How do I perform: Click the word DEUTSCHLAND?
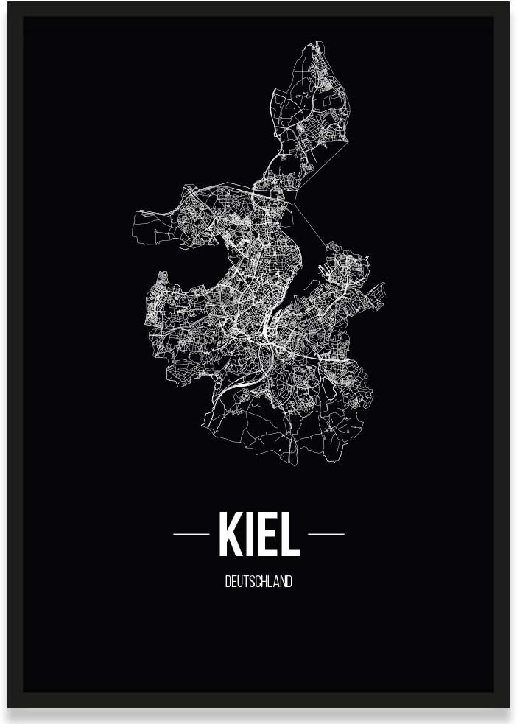(x=258, y=582)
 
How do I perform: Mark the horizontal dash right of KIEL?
(x=326, y=533)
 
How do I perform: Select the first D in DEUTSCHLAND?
(x=228, y=582)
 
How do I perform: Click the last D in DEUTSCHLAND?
(x=289, y=582)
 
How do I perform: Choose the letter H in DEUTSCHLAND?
(x=264, y=582)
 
